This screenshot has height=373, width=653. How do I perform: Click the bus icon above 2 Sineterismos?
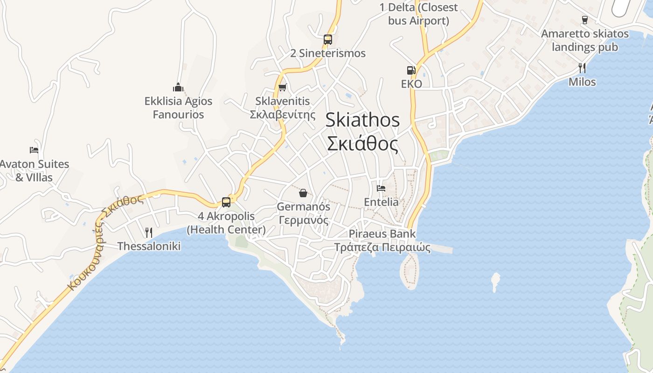click(328, 40)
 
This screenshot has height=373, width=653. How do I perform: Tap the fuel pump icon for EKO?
click(411, 70)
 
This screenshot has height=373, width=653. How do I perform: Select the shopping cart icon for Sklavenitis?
click(282, 87)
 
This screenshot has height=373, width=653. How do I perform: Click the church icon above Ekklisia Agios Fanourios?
click(178, 87)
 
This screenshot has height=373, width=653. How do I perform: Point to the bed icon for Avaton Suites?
click(34, 150)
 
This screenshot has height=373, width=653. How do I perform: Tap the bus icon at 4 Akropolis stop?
click(226, 202)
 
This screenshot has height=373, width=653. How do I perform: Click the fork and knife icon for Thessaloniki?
click(149, 232)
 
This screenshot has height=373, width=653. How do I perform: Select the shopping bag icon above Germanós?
click(303, 193)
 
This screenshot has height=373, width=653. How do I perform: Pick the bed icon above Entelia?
click(381, 188)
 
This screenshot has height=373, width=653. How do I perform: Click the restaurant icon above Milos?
click(582, 68)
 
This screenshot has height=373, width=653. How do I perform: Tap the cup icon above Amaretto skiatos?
click(584, 20)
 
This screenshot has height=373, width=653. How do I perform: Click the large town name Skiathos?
click(362, 120)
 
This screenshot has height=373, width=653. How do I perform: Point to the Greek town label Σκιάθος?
click(362, 144)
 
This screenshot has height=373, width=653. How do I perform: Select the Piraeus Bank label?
click(382, 234)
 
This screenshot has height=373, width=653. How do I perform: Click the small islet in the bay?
click(495, 281)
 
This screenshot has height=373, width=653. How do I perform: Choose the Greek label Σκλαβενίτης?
click(283, 115)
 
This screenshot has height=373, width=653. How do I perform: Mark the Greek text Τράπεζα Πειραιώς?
click(382, 247)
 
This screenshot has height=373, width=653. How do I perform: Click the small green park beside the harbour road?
click(439, 155)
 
